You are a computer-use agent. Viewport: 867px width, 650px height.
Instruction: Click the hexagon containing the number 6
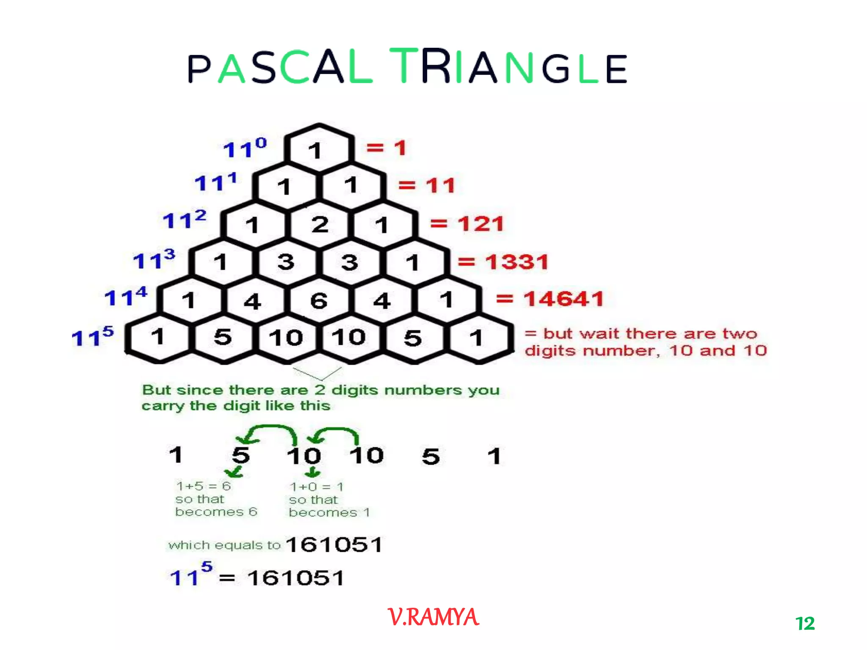point(319,301)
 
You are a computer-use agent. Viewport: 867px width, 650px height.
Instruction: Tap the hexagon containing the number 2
point(320,224)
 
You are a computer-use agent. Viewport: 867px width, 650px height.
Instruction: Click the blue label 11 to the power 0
point(245,149)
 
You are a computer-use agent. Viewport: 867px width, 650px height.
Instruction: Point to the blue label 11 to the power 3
point(154,259)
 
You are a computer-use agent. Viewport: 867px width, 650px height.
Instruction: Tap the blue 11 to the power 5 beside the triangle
point(93,336)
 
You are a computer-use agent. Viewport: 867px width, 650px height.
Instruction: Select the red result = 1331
point(503,262)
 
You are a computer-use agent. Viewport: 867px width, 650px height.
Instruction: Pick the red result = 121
point(467,223)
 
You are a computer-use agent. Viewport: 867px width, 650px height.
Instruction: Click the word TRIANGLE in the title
point(508,67)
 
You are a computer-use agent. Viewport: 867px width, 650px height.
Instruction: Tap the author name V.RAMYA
point(433,617)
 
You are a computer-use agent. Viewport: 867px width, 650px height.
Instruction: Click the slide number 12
point(805,623)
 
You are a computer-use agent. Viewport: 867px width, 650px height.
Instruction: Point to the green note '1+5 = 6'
point(204,486)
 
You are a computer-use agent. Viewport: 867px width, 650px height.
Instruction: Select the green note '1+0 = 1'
point(317,487)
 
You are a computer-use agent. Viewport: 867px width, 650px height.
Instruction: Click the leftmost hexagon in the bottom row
point(157,337)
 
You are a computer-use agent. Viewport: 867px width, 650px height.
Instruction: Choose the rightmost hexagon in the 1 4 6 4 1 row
point(447,300)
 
